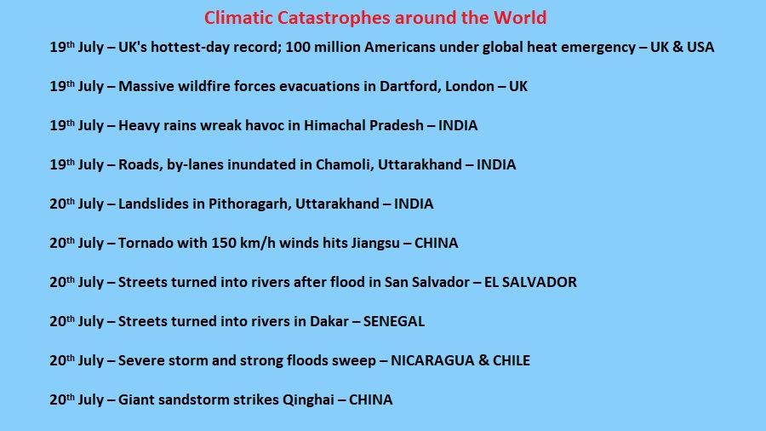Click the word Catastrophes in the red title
pos(334,19)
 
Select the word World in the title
pos(520,18)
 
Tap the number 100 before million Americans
pos(296,47)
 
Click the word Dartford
pos(409,87)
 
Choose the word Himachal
pos(334,125)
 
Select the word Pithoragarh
pos(249,204)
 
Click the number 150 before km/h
pos(222,243)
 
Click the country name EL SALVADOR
pos(530,283)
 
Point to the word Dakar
pos(329,321)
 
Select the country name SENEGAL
pos(394,321)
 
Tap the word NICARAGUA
pos(432,360)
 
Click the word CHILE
pos(511,360)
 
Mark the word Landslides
pos(153,204)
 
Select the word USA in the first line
pos(700,48)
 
